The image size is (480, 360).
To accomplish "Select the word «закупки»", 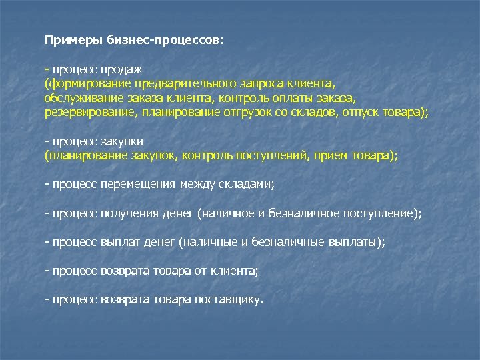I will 123,142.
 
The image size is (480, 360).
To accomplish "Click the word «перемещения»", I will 139,183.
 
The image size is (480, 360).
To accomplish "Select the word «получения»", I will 131,213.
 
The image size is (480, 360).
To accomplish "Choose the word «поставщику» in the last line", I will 229,300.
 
